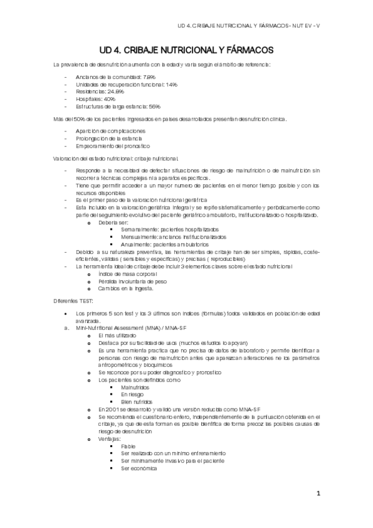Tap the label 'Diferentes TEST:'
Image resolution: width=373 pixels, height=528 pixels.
click(x=73, y=301)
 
